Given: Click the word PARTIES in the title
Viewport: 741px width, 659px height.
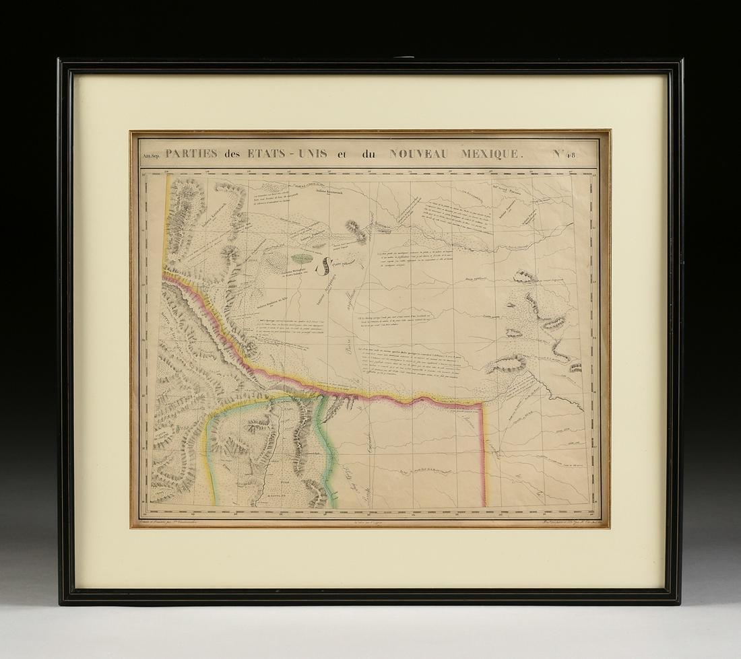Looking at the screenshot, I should tap(191, 153).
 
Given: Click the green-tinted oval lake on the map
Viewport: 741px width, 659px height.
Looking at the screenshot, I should tap(302, 258).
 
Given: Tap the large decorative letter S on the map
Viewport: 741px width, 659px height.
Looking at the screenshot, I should tap(325, 266).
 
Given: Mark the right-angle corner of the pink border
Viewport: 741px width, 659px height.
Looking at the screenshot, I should tap(482, 405).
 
